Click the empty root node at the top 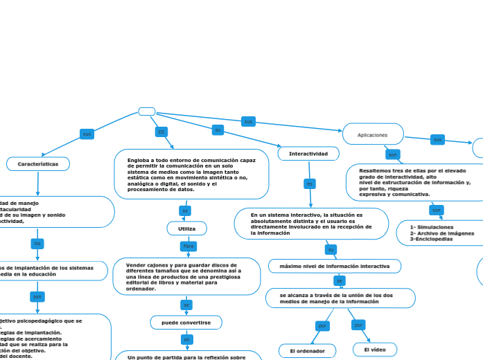point(147,111)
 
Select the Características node point(38,163)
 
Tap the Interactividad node point(308,154)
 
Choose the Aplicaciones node point(373,134)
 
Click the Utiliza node point(187,228)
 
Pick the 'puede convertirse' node point(186,322)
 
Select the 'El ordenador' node point(307,351)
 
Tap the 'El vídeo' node point(375,350)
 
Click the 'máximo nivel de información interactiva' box point(334,266)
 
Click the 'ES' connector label point(161,132)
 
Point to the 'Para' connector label point(188,246)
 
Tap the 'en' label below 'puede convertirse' point(186,339)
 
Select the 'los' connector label point(37,243)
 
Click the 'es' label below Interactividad point(310,183)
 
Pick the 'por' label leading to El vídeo point(358,324)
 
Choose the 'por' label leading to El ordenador point(322,325)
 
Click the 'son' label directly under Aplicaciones point(392,154)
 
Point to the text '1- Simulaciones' point(432,227)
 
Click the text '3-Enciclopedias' point(431,239)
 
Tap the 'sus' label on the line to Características point(87,134)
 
